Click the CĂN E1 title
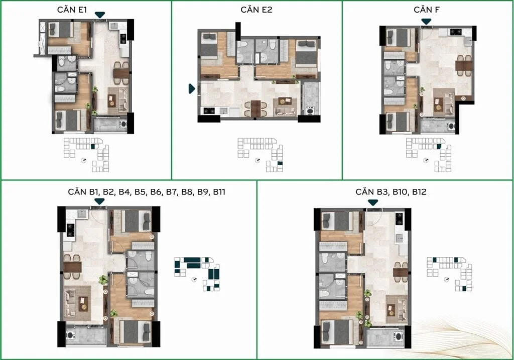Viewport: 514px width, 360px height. coord(72,10)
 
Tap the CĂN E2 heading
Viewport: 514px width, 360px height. coord(256,10)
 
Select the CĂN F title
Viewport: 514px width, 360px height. coord(427,10)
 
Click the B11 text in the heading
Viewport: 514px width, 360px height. coord(219,192)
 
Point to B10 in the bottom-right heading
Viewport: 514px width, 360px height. coord(401,192)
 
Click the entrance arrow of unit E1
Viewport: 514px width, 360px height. coord(100,15)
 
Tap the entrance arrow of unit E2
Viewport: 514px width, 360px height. coord(192,88)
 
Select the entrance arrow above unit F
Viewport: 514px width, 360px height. coord(426,22)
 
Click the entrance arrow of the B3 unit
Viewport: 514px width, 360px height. coord(373,203)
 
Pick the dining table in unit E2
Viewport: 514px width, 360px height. coord(255,108)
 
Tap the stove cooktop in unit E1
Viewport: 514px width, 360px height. coord(123,39)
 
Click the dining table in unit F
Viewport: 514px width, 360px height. coord(464,66)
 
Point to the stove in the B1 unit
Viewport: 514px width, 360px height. coord(70,229)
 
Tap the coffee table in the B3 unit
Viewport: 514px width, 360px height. coord(391,310)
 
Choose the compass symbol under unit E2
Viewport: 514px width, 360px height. coord(258,160)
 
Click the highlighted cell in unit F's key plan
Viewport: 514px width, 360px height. coord(439,147)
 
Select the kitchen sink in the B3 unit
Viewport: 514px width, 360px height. coord(399,237)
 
